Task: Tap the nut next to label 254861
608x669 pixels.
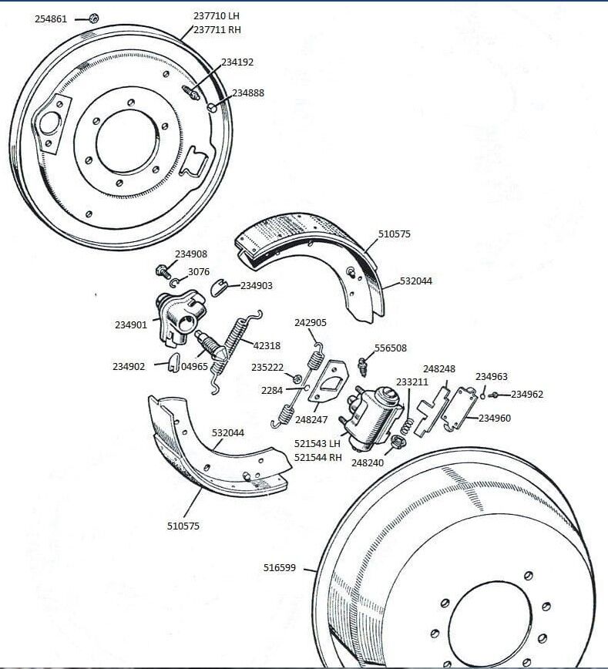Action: click(92, 18)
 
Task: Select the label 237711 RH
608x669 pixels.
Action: click(218, 30)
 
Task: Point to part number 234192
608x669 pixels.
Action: click(237, 62)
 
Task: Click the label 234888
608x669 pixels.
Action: click(248, 92)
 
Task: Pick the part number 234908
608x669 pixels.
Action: click(190, 254)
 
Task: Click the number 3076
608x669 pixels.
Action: click(199, 271)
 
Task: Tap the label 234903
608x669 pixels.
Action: click(257, 285)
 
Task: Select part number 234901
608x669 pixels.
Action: click(131, 325)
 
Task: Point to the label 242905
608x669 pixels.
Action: click(311, 323)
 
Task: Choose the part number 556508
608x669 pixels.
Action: click(391, 348)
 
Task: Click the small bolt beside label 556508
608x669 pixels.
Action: click(364, 365)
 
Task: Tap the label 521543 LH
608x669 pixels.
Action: click(317, 443)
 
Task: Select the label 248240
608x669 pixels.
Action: click(367, 463)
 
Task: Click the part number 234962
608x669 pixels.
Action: click(527, 394)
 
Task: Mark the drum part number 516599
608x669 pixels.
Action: click(279, 568)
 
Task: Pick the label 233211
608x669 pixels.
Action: click(412, 382)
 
